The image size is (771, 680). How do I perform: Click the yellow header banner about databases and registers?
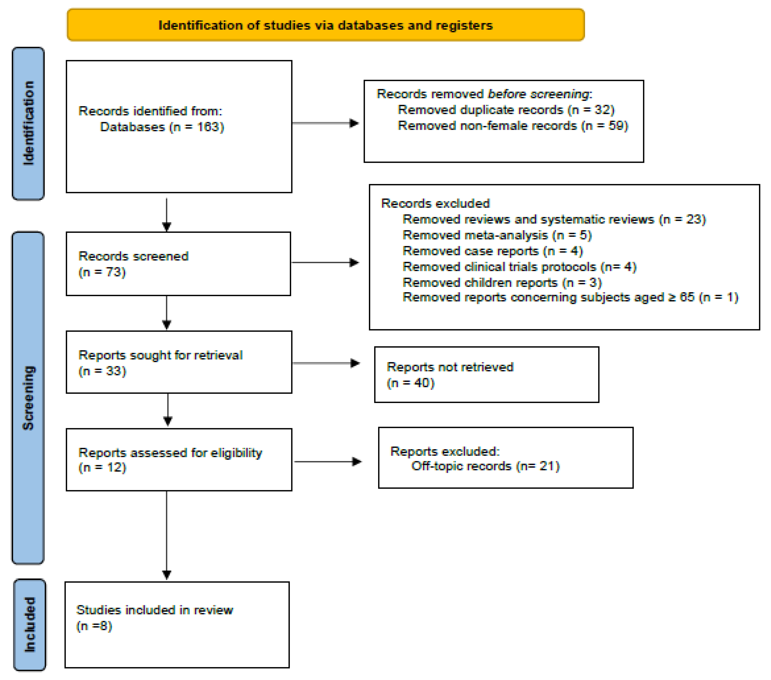coord(326,25)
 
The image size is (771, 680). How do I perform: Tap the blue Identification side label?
coord(28,123)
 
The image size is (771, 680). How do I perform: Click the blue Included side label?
coord(30,625)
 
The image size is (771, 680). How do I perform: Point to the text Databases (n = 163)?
coord(162,127)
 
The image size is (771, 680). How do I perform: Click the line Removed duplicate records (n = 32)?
coord(506,110)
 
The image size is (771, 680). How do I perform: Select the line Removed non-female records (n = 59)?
coord(513,126)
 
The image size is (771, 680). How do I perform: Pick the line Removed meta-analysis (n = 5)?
coord(497,235)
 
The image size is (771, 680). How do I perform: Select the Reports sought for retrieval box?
coord(179,362)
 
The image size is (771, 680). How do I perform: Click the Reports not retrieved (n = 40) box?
coord(486,375)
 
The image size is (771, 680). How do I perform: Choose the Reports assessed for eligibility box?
coord(179,460)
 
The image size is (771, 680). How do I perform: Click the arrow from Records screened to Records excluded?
coord(325,262)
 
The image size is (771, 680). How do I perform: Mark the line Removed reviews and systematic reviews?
coord(554,219)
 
